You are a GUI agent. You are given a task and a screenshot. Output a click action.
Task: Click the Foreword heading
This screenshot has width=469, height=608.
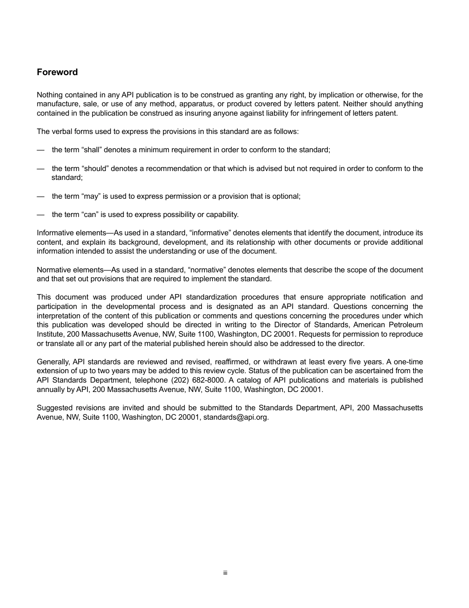[x=57, y=72]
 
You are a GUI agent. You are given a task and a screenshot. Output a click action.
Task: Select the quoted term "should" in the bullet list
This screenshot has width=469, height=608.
[x=94, y=169]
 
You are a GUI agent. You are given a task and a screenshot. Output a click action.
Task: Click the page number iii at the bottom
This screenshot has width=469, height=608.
[x=225, y=573]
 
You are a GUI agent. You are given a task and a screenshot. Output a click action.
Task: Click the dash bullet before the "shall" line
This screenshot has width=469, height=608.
[x=40, y=150]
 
